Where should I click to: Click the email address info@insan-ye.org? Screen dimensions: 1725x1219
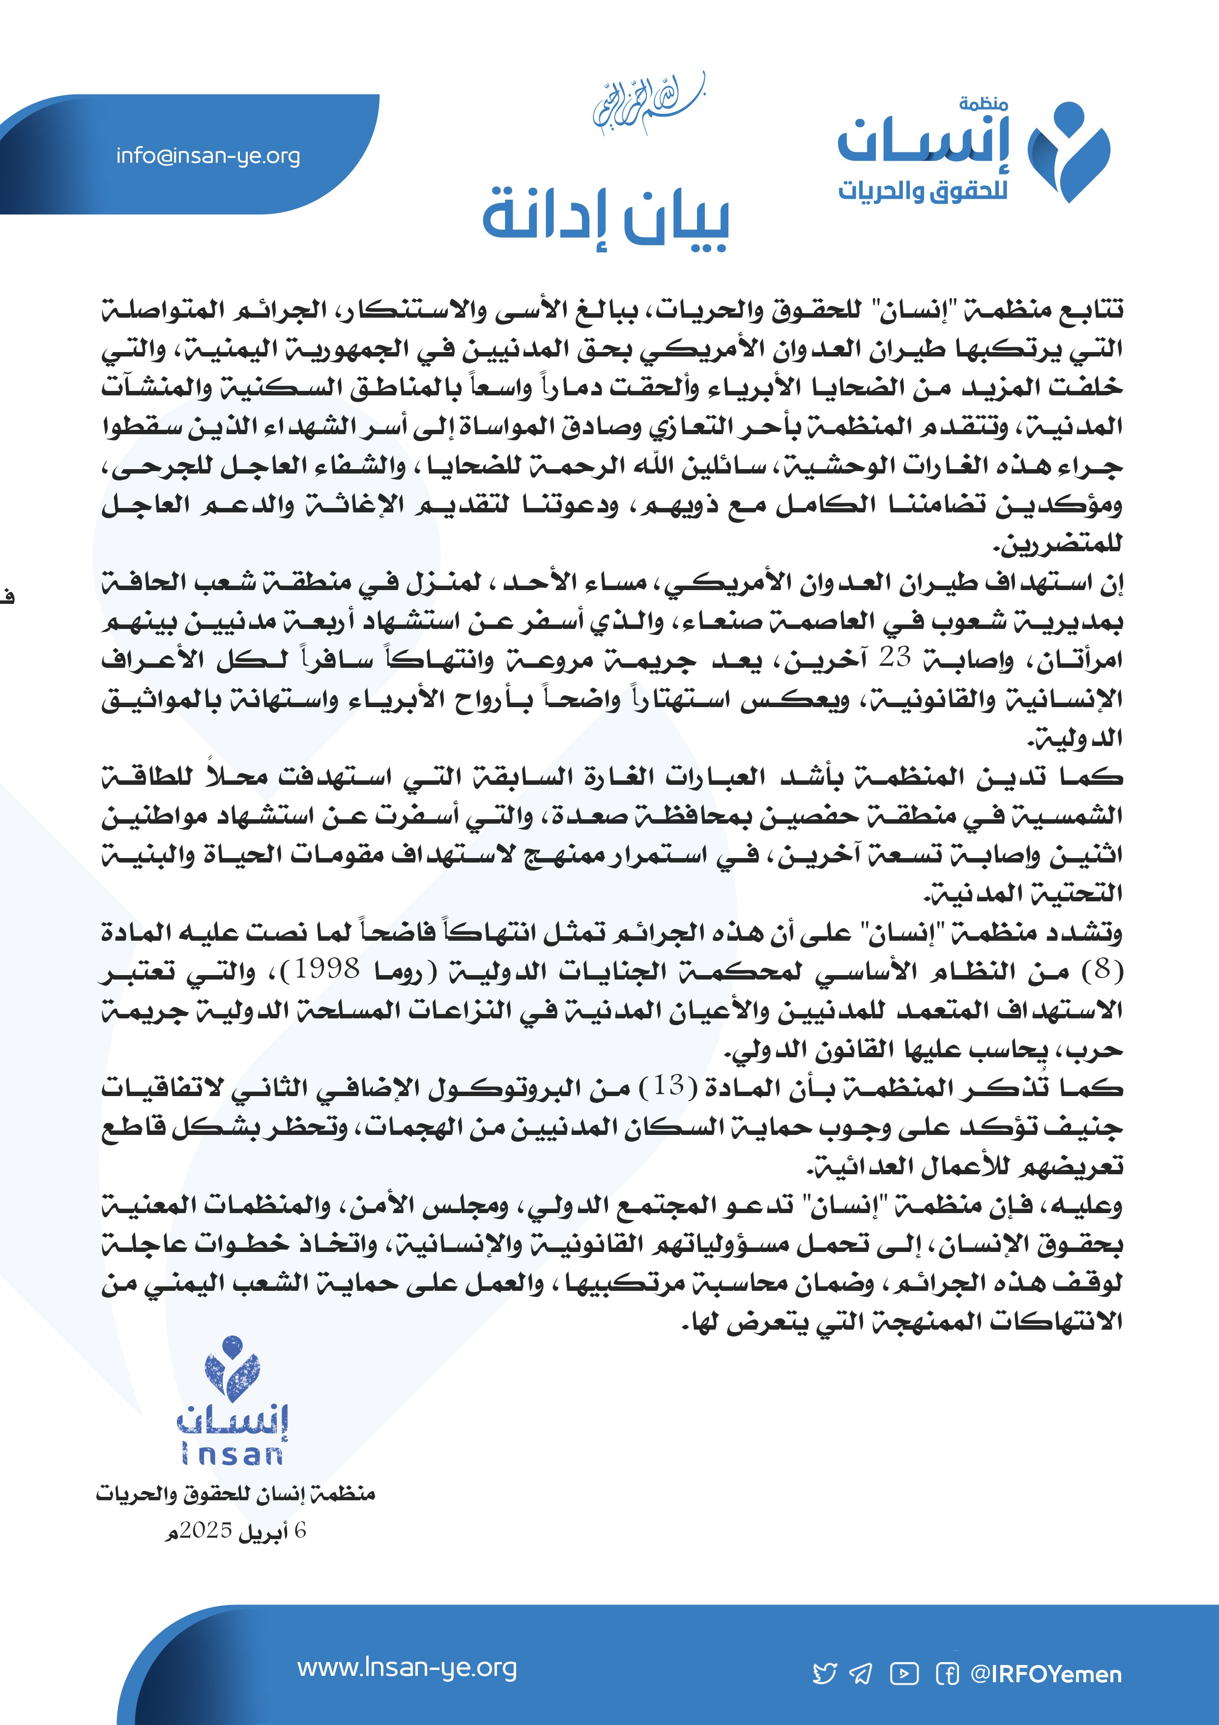[x=208, y=156]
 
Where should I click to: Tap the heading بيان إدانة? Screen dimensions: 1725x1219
[x=606, y=218]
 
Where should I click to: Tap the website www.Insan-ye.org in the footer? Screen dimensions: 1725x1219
[x=407, y=1668]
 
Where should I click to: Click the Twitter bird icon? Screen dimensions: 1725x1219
[x=825, y=1674]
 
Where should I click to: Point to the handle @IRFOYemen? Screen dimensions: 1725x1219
[x=1045, y=1674]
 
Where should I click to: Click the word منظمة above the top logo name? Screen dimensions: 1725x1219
[x=983, y=104]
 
